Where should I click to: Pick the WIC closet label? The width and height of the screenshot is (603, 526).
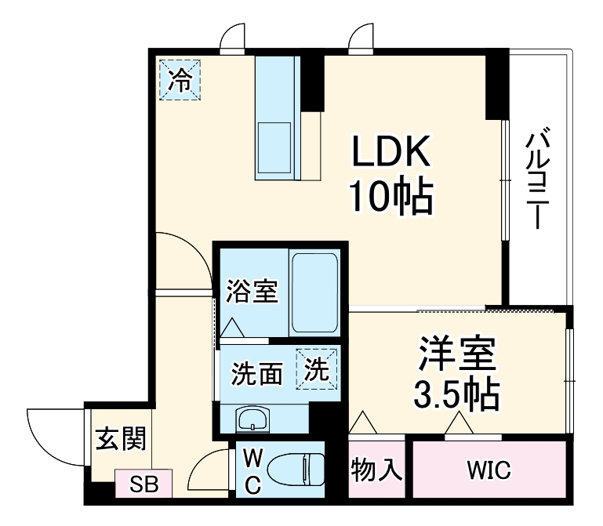[x=489, y=470]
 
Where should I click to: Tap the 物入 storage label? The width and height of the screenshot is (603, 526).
[x=376, y=470]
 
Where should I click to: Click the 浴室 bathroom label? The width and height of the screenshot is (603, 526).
[x=251, y=292]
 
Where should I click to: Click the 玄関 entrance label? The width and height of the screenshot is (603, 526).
[x=121, y=441]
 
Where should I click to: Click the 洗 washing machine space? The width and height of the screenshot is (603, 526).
[x=318, y=369]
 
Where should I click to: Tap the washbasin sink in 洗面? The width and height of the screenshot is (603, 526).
[x=253, y=419]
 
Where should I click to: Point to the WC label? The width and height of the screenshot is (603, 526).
[x=252, y=470]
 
